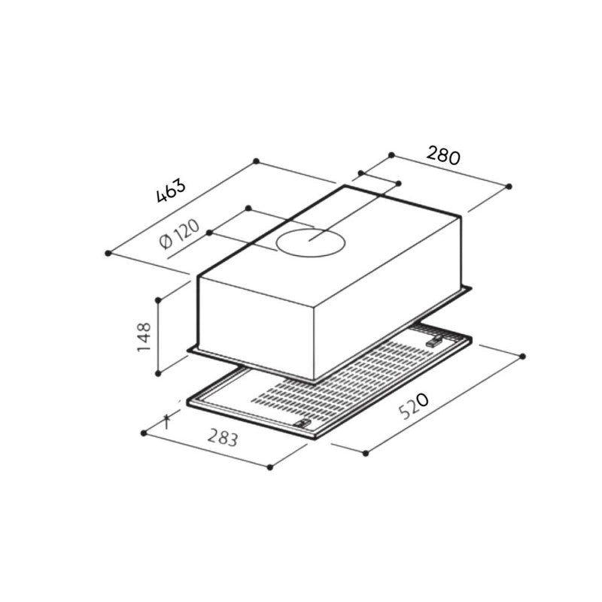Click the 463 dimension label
171,192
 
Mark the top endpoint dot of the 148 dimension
158,299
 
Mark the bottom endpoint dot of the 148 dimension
158,372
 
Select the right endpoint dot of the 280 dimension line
509,186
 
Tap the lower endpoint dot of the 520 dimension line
366,453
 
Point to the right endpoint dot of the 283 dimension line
270,467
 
